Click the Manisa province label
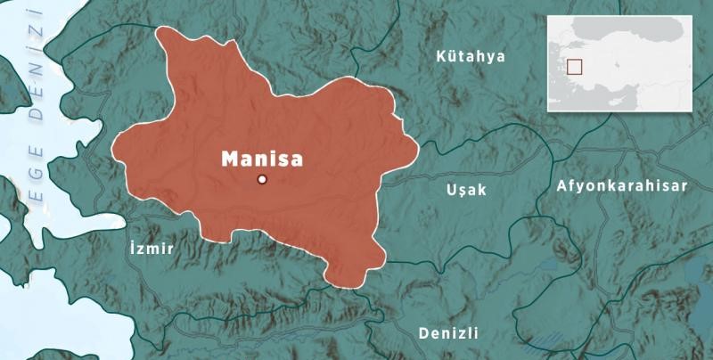point(261,159)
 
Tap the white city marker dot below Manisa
point(262,179)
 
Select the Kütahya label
point(471,56)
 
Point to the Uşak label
point(465,189)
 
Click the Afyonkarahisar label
point(621,185)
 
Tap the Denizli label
point(448,332)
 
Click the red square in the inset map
point(575,67)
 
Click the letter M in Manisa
point(228,159)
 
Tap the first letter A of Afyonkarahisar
point(561,185)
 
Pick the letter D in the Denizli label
point(423,332)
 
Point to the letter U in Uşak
point(450,189)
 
